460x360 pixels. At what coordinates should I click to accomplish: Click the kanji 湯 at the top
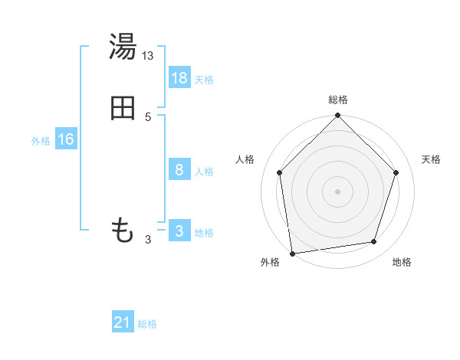coord(123,47)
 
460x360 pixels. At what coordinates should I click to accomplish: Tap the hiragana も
coord(123,230)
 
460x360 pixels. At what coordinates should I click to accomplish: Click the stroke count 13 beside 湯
coord(148,55)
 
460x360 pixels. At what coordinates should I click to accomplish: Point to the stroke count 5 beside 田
coord(148,116)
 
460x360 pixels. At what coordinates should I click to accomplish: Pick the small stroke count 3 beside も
coord(148,240)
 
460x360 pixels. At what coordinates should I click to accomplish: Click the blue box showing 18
coord(179,77)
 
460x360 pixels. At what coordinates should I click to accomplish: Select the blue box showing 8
coord(179,170)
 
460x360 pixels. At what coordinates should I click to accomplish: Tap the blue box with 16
coord(66,139)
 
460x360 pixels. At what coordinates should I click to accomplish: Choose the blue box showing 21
coord(123,322)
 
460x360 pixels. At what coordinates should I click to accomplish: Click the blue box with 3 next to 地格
coord(179,231)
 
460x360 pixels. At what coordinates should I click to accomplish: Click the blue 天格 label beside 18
coord(204,80)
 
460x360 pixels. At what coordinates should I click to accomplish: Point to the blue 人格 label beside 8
coord(204,172)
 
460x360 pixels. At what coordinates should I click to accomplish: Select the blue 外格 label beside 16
coord(41,141)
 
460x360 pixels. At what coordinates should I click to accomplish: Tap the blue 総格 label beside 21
coord(147,324)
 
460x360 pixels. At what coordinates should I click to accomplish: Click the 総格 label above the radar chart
coord(337,100)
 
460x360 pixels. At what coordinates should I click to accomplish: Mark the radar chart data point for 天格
coord(396,172)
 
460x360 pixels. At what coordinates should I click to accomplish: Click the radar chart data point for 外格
coord(292,252)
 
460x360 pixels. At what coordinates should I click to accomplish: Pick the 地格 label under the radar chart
coord(402,263)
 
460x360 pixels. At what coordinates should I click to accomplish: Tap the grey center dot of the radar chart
coord(337,191)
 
